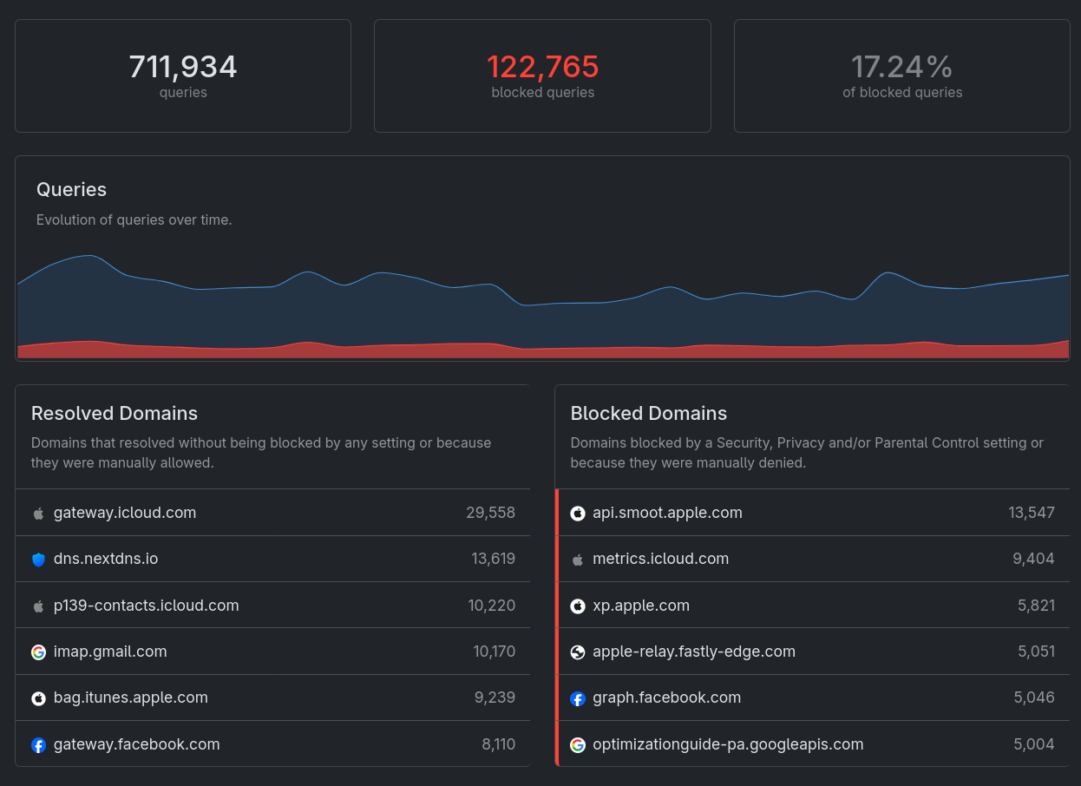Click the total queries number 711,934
[183, 67]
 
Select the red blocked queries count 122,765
[542, 67]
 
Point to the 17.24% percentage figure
[901, 67]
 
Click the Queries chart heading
[71, 189]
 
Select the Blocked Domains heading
[648, 413]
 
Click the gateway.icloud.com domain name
[125, 513]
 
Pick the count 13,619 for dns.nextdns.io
[493, 559]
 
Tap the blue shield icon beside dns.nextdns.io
[38, 560]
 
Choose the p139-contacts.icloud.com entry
[146, 606]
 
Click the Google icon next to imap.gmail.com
[38, 652]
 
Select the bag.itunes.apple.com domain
[130, 698]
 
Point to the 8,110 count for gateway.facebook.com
[498, 744]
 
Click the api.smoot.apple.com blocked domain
[667, 513]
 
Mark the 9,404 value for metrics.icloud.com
[1033, 559]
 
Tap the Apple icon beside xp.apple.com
[578, 606]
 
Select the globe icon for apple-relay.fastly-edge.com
[578, 652]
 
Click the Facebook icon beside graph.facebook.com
[578, 698]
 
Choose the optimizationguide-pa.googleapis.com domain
[728, 744]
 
